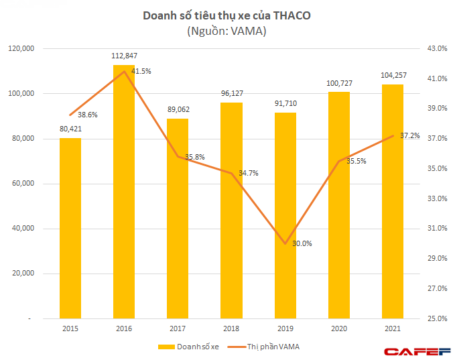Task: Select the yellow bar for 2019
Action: coord(285,215)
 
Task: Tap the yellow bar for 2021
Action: coord(393,201)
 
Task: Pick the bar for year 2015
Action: coord(70,228)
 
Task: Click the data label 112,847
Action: coord(124,56)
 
